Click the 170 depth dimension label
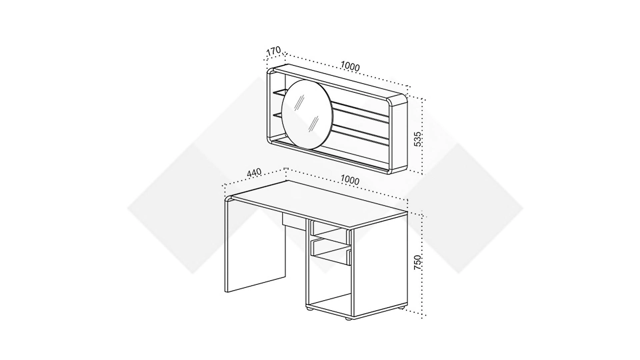point(274,51)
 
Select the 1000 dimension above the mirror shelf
point(350,67)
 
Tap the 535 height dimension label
point(418,139)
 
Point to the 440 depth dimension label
point(254,173)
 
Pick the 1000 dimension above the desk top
point(350,180)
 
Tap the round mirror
point(307,114)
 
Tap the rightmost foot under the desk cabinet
point(402,308)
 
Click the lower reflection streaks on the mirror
point(313,123)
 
